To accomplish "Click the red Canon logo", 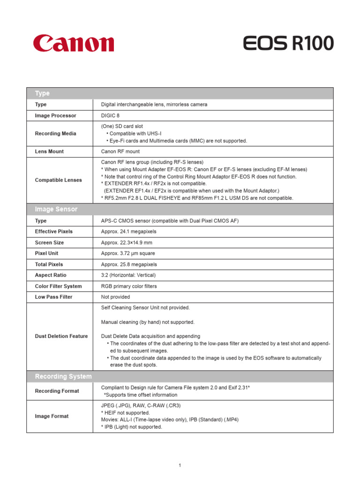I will [74, 43].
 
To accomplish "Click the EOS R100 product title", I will [288, 44].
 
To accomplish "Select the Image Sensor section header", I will [56, 209].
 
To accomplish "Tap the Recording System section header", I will [63, 376].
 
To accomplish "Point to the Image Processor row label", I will [55, 115].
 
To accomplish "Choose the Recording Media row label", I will [55, 134].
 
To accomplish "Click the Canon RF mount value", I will [120, 151].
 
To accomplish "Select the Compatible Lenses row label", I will [58, 180].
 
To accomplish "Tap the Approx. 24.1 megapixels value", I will [128, 232].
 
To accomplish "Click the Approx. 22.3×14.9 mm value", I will [127, 243].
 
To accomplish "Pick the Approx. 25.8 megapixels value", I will [128, 264].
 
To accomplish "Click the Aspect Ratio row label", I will [51, 275].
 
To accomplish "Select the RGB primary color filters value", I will [129, 286].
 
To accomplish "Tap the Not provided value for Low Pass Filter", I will [115, 297].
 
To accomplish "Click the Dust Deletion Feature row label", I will [61, 336].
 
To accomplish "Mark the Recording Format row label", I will [57, 391].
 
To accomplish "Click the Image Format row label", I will [52, 416].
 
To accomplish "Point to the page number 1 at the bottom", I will [180, 465].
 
